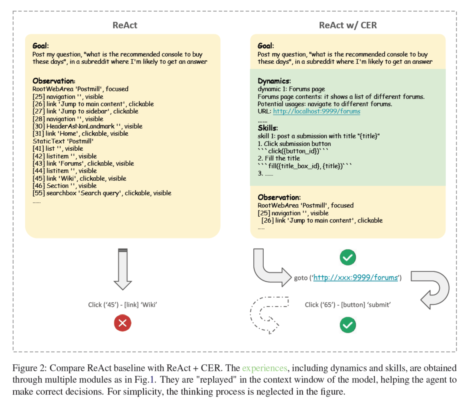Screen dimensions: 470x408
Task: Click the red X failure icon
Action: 123,323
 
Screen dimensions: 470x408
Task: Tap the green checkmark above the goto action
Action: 348,257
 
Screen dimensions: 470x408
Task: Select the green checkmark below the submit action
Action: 348,325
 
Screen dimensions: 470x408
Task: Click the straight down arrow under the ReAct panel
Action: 123,269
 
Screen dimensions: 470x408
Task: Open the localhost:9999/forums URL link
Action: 316,111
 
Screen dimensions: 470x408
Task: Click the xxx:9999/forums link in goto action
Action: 355,278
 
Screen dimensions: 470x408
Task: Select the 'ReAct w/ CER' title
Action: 348,25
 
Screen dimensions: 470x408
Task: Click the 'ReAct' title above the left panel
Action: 125,25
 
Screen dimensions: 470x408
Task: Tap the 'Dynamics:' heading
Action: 274,81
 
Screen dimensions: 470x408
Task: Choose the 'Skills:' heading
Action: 268,128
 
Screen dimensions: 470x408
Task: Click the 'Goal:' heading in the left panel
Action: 40,46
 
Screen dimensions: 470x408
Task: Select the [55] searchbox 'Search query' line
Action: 102,193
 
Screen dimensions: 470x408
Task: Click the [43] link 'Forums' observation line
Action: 83,163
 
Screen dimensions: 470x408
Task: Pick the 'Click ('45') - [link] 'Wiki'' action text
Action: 123,305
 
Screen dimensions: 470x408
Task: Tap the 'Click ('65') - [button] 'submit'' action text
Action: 348,305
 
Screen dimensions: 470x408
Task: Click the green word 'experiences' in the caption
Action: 264,368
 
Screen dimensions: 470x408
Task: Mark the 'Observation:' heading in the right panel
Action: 279,197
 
